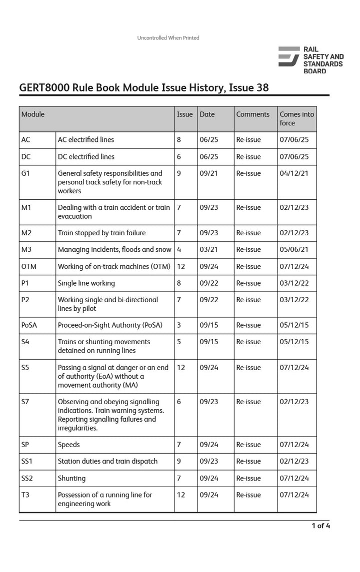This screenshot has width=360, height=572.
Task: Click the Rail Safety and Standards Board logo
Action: pos(310,60)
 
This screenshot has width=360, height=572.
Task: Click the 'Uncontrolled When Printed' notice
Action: pos(168,38)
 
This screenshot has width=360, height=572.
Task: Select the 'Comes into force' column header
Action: pos(296,118)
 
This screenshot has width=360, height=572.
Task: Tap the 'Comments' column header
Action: pos(252,114)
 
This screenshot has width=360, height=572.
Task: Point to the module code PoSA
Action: pos(29,325)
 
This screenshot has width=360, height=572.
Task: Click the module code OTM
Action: pos(29,266)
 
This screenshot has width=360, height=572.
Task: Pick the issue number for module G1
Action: pos(179,173)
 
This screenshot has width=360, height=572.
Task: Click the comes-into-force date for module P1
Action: pos(294,283)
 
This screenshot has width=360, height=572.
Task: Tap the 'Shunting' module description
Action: pos(71,478)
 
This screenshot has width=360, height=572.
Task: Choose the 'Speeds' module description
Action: pos(68,445)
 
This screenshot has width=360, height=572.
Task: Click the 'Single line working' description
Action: pos(86,283)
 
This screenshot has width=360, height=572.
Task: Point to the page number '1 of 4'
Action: pos(320,526)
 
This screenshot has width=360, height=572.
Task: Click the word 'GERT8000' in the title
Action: pos(44,88)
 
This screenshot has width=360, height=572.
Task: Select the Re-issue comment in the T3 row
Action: pos(248,495)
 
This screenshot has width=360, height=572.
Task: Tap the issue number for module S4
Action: pos(179,342)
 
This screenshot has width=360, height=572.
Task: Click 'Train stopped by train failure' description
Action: pos(101,233)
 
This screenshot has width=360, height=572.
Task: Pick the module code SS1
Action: pos(27,461)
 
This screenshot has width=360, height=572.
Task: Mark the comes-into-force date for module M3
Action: pos(294,249)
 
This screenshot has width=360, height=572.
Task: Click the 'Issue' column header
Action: pos(184,114)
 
